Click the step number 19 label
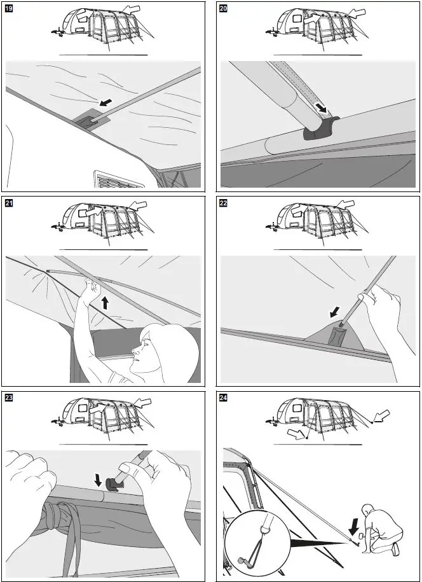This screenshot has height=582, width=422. (x=10, y=8)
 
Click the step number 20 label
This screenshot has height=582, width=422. (x=224, y=8)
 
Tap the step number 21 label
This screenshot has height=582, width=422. (x=10, y=204)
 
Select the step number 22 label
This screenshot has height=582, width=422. (x=224, y=204)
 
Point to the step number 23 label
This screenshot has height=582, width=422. (x=10, y=399)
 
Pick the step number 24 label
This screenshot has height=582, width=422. (x=224, y=399)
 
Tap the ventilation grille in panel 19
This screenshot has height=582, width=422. (x=119, y=179)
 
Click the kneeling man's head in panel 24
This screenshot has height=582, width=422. (x=367, y=510)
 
